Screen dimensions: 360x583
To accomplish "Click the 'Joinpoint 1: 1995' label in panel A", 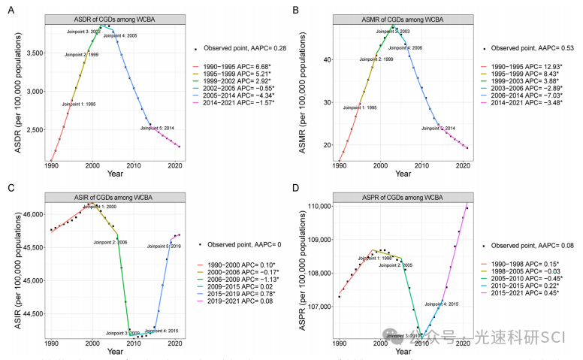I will (x=78, y=104).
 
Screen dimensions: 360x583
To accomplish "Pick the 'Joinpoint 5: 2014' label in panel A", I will (x=157, y=129).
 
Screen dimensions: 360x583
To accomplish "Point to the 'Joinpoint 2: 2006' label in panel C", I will (x=110, y=242).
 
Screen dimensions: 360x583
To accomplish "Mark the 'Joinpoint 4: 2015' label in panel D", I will (x=442, y=304).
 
